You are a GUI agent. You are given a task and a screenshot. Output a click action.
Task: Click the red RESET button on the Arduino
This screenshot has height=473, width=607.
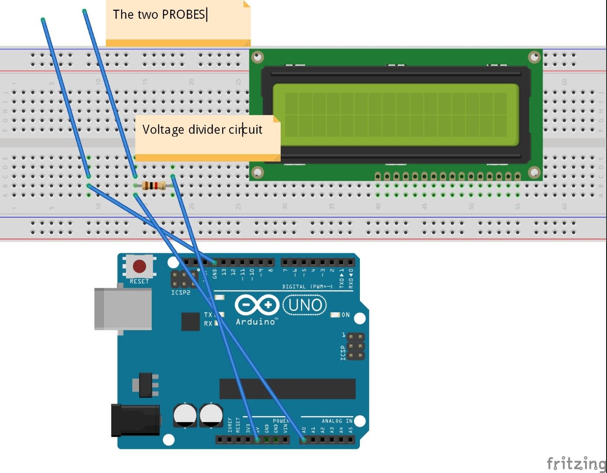point(140,266)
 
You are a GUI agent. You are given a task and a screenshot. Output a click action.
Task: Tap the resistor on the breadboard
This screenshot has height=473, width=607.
point(153,186)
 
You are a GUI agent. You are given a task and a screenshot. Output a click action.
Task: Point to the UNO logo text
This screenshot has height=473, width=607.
point(305,305)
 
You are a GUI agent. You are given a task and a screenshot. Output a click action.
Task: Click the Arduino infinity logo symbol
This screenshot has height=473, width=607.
point(257,305)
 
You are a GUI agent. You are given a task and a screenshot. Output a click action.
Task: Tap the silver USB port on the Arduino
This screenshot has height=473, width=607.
point(123,309)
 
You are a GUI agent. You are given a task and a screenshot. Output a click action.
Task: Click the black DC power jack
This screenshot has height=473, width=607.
point(135,420)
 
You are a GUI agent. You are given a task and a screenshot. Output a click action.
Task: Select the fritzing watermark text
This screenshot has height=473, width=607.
point(576,463)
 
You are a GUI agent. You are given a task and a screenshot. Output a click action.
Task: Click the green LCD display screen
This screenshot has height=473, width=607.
point(396,115)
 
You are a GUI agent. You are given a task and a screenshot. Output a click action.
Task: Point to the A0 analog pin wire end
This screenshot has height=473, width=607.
point(304,439)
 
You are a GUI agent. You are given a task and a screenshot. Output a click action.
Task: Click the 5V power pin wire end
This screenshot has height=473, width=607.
point(257,439)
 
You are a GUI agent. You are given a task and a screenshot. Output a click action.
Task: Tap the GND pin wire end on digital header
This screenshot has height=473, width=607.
point(214,262)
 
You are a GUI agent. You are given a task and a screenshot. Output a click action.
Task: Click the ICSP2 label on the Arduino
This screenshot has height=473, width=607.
point(181,293)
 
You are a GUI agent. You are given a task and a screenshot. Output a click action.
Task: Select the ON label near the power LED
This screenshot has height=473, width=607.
point(345,315)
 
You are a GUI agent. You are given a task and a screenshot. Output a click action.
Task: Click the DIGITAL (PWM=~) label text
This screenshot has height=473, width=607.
point(307,286)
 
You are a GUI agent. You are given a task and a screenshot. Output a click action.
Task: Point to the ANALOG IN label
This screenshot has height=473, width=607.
point(337,421)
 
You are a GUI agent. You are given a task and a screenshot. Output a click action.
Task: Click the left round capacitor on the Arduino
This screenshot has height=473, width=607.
point(185,415)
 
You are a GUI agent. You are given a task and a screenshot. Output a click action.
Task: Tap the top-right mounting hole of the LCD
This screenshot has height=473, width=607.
point(534,57)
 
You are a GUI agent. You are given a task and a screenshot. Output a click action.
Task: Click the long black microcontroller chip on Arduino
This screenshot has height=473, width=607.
point(287,389)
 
